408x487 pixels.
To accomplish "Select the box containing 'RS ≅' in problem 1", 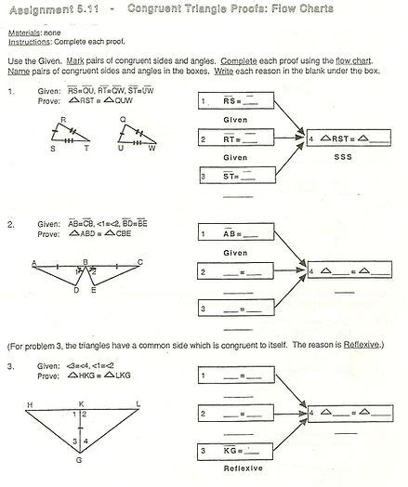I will click(x=238, y=102).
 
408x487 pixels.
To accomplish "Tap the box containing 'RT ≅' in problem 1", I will click(x=238, y=139).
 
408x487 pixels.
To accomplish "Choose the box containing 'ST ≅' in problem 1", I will click(x=238, y=176).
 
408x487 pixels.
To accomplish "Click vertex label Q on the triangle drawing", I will click(x=123, y=120).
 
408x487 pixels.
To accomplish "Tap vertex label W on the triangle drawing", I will click(x=152, y=148).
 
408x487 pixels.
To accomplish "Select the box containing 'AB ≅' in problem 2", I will click(x=238, y=235).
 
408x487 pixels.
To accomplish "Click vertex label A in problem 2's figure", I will click(x=33, y=263).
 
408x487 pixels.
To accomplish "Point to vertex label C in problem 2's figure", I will click(x=140, y=262).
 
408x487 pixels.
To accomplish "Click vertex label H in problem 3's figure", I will click(x=30, y=404).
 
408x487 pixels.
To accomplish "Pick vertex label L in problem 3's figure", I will click(x=138, y=404).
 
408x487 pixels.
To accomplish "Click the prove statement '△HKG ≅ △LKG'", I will click(x=98, y=385).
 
